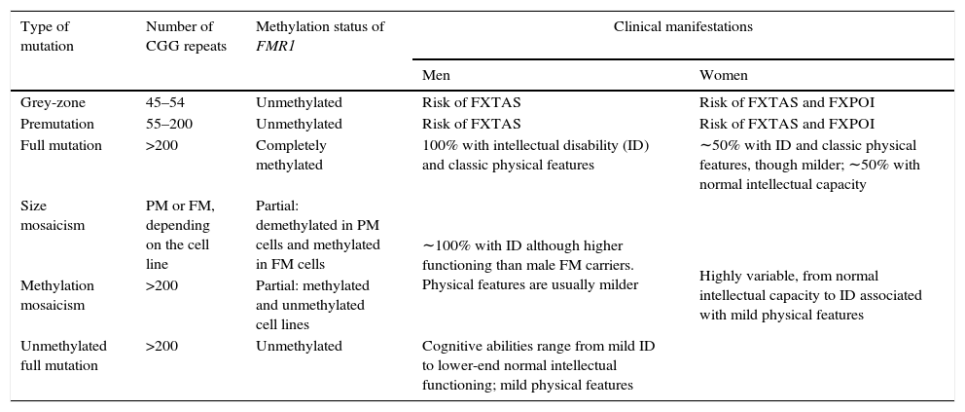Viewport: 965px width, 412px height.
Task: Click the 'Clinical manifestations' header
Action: (x=683, y=27)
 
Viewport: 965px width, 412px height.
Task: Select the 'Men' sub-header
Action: (x=436, y=75)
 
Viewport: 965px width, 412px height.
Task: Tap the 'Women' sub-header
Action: (x=724, y=75)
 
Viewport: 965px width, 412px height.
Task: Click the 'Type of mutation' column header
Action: (x=47, y=36)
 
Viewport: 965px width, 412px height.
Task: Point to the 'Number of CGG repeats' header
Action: (x=179, y=36)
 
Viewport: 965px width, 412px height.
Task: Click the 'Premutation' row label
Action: (x=57, y=124)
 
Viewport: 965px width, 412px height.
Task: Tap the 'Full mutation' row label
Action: (x=61, y=145)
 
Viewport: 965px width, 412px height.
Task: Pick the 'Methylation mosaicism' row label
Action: (x=57, y=295)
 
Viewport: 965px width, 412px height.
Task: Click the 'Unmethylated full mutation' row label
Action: (x=63, y=356)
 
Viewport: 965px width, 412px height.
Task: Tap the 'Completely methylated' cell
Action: (x=291, y=155)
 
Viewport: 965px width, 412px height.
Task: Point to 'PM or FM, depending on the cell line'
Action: (x=180, y=235)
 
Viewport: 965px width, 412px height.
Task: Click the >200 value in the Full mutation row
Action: (x=161, y=145)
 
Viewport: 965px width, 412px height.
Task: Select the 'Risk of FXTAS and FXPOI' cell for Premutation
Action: (x=786, y=124)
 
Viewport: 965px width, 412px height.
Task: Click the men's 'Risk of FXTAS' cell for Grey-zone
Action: (x=471, y=102)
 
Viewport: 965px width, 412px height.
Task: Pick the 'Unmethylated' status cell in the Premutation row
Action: (x=299, y=124)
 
